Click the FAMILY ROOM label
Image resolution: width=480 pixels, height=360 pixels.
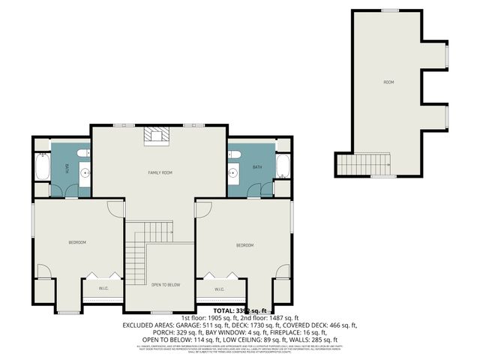tap(159, 172)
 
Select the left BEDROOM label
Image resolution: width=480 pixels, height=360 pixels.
tap(77, 242)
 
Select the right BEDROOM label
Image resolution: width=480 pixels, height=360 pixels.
tap(244, 245)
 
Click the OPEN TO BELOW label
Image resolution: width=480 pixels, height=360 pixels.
tap(165, 285)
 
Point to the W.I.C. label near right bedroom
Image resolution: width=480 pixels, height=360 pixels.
tap(220, 289)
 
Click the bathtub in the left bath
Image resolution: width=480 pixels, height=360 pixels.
tap(41, 167)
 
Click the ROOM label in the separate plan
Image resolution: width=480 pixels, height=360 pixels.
tap(388, 82)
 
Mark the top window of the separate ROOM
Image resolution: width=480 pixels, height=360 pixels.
tap(389, 10)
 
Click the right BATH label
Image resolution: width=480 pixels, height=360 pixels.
tap(257, 167)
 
